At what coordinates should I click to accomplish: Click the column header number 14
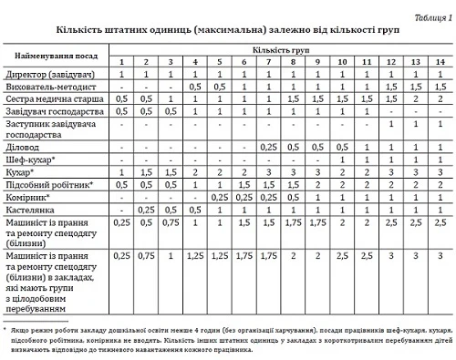(x=440, y=61)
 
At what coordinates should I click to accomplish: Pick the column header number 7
(x=267, y=61)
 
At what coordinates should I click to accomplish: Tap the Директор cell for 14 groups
(x=440, y=73)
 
